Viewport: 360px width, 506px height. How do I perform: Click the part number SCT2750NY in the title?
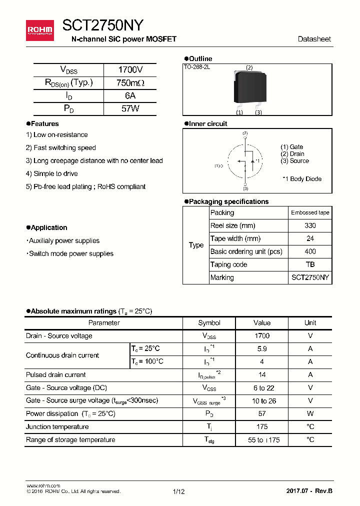pos(103,25)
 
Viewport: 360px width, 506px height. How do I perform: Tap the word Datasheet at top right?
pos(314,39)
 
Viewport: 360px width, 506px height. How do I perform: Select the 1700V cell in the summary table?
pos(130,70)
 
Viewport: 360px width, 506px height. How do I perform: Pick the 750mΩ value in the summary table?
pos(130,83)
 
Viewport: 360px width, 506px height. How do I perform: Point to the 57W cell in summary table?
pos(130,108)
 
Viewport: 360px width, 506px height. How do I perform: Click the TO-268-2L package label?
pos(196,67)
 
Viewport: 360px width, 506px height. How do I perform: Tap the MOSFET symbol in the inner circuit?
pos(245,161)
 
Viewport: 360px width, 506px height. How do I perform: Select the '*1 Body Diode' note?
pos(302,179)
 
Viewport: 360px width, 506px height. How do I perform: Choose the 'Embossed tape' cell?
pos(310,212)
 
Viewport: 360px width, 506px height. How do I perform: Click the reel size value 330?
pos(310,225)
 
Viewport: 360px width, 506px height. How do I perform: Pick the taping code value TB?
pos(310,264)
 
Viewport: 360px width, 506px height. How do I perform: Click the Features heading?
pos(44,123)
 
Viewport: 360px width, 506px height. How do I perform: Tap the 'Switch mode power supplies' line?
pos(70,253)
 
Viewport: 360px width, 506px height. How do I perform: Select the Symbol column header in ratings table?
pos(209,323)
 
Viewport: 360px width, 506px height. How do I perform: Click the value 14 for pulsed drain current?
pos(262,375)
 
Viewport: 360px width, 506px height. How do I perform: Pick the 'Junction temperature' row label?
pos(57,426)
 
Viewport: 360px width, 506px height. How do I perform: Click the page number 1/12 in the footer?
pos(178,491)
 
